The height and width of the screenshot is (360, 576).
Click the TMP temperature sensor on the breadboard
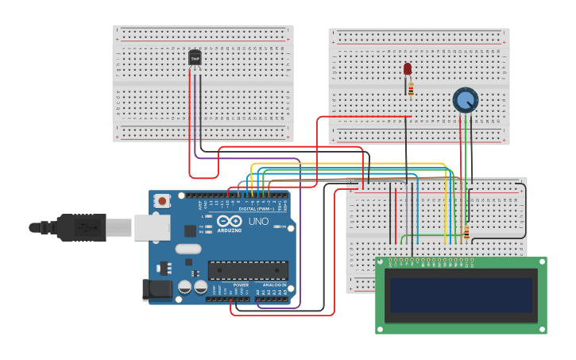(x=195, y=57)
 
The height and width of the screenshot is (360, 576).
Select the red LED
(x=408, y=69)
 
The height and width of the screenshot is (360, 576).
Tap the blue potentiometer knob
(x=466, y=100)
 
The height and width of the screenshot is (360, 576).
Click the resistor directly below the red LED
(x=411, y=88)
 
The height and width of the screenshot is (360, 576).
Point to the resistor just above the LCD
(x=466, y=232)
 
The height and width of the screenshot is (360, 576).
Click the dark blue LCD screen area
(x=460, y=295)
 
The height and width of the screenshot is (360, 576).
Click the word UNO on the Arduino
(x=258, y=221)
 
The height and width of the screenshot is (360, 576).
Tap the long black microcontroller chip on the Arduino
(x=247, y=270)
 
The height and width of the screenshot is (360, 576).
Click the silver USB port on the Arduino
(x=152, y=226)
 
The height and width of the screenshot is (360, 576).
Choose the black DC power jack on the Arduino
(x=157, y=290)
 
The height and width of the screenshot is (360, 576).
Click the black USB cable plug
(x=80, y=227)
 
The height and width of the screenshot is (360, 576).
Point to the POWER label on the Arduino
(x=241, y=285)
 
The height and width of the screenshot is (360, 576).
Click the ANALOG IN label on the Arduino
(x=273, y=285)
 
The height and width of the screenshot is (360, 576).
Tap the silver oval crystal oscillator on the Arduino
(x=188, y=249)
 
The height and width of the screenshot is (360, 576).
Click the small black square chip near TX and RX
(x=191, y=231)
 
